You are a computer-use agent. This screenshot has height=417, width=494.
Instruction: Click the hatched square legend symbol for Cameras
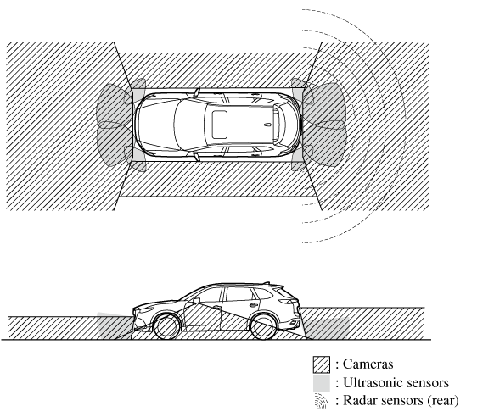(322, 364)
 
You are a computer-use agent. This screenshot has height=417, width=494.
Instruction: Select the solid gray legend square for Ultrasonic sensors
(322, 383)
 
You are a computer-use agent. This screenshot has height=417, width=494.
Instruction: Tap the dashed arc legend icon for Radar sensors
(322, 401)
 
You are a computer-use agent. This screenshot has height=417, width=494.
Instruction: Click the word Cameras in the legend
(368, 364)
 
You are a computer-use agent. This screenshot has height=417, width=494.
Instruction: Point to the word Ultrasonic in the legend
(373, 383)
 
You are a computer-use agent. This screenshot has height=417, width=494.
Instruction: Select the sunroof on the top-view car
(220, 125)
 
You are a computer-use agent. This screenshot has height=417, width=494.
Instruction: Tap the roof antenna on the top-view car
(267, 125)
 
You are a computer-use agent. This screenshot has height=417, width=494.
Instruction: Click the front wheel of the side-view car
(166, 327)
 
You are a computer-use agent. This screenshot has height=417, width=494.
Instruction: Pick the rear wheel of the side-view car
(263, 327)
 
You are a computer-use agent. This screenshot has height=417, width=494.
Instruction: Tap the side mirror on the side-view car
(196, 300)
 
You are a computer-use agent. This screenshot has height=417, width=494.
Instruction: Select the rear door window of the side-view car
(240, 294)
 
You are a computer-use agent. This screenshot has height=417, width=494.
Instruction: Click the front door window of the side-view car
(208, 296)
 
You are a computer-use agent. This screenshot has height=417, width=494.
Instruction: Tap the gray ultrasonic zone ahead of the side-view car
(114, 325)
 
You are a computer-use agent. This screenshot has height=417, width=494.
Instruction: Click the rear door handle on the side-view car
(253, 305)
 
